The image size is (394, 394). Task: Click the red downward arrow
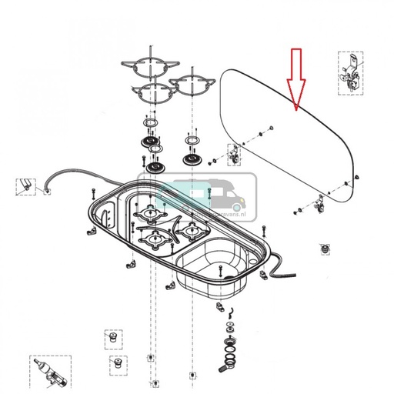[x=297, y=78]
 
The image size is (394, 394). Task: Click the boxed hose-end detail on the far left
[x=26, y=185]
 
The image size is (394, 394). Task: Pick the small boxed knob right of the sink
[x=323, y=251]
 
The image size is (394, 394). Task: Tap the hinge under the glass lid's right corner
[x=319, y=204]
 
